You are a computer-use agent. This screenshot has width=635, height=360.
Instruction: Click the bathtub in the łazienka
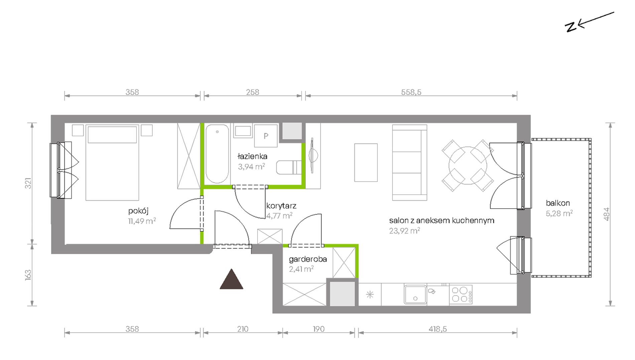click(x=217, y=154)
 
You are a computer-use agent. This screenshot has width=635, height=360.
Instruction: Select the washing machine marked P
click(x=266, y=136)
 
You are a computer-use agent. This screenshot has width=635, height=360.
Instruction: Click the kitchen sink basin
click(x=415, y=295)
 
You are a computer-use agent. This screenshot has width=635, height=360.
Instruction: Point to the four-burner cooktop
click(x=461, y=295)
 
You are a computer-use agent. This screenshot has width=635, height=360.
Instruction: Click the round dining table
click(x=468, y=166)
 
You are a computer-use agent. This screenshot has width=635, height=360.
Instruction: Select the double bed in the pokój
click(x=112, y=163)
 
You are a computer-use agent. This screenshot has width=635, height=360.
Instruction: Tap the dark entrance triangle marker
click(x=231, y=279)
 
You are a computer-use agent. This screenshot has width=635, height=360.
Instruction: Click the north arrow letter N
click(x=571, y=27)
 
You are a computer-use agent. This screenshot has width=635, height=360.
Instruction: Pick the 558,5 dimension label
click(x=411, y=92)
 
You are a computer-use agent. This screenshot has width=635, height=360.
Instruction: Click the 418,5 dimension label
click(x=437, y=329)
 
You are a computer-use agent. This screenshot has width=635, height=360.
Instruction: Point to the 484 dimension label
click(x=607, y=214)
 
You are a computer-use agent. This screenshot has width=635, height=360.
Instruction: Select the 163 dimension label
click(x=28, y=275)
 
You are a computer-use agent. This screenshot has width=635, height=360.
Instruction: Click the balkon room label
click(x=558, y=203)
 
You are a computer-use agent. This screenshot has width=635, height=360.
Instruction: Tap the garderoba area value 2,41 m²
click(x=301, y=269)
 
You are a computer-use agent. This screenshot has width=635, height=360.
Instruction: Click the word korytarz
click(x=281, y=206)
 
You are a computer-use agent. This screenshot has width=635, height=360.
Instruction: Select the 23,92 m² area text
click(x=404, y=230)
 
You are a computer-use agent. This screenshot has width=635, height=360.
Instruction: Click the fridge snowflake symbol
click(x=370, y=295)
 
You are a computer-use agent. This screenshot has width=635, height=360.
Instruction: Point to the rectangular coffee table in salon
click(x=366, y=163)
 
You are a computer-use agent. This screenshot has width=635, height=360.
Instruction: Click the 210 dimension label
click(x=243, y=329)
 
